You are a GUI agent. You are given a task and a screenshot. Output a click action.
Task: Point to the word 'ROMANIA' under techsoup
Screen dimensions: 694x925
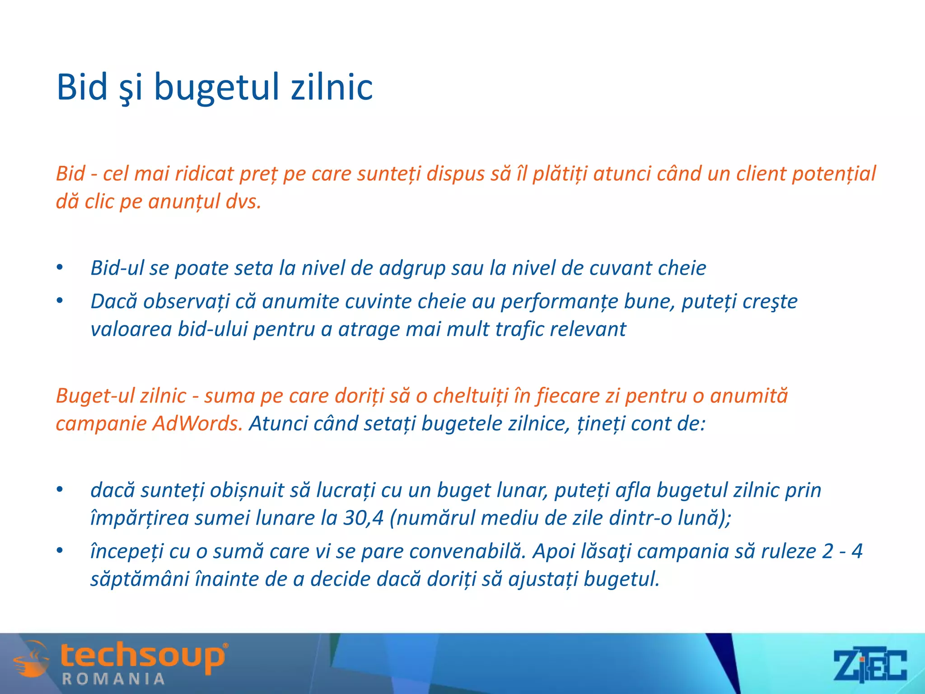(113, 679)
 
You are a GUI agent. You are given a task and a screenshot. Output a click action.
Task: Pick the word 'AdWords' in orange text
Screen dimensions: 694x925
(197, 424)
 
